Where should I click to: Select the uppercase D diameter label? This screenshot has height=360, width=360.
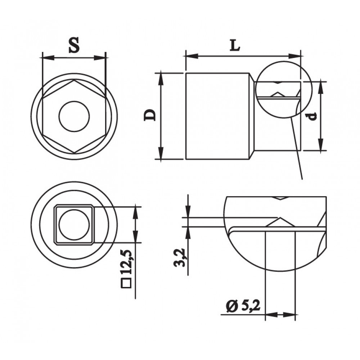click(x=150, y=115)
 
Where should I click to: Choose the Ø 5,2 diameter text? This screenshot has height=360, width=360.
click(x=243, y=307)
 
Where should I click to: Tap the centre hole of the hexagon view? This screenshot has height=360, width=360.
click(x=74, y=116)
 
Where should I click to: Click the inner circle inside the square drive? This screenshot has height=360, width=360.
click(x=74, y=225)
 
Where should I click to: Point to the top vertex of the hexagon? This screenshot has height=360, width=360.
click(x=74, y=80)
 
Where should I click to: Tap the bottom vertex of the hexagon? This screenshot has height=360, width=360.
click(x=74, y=153)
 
